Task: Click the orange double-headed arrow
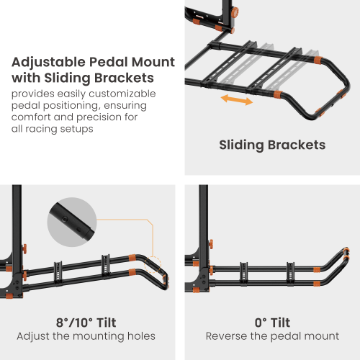click(x=237, y=99)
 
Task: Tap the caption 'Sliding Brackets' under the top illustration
click(x=272, y=145)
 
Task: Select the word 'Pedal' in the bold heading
click(x=109, y=62)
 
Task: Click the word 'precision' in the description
click(x=107, y=117)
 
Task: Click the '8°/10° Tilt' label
click(x=86, y=323)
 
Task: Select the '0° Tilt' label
click(x=272, y=323)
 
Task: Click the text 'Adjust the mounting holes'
click(x=86, y=336)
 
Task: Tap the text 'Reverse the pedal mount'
click(x=272, y=336)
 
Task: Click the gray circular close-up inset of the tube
click(x=72, y=222)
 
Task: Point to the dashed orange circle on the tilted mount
click(x=153, y=264)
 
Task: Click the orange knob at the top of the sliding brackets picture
click(x=235, y=12)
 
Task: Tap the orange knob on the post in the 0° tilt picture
click(x=211, y=244)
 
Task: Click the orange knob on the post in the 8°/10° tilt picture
click(x=24, y=249)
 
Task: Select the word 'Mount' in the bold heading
click(x=153, y=62)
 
